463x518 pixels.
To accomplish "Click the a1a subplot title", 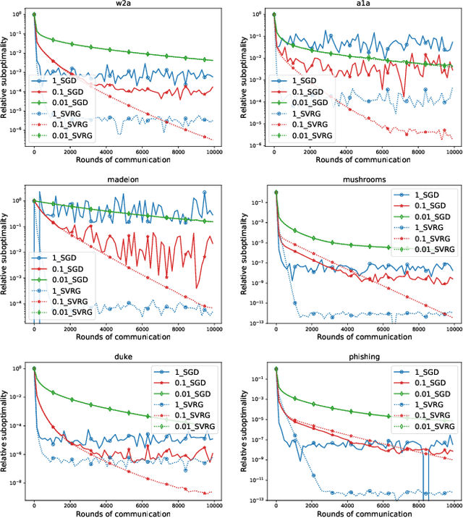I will [363, 5].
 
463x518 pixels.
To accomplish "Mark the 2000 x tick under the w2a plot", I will [70, 153].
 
